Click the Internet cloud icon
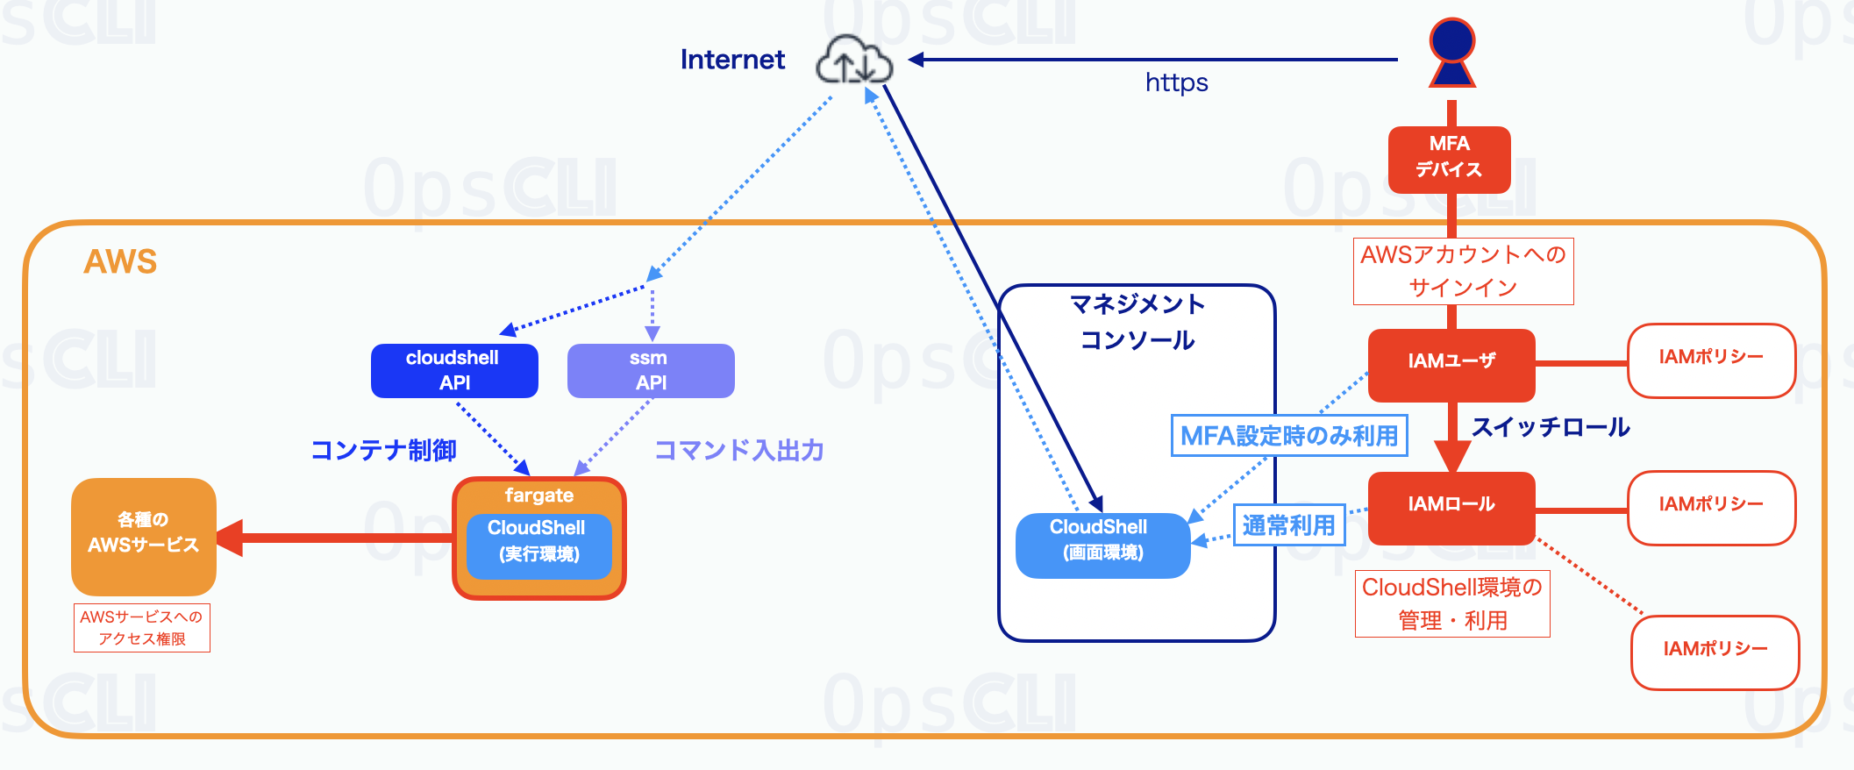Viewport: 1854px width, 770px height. click(854, 61)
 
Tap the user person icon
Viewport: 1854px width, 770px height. click(1452, 53)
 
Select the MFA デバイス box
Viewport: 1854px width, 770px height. click(1449, 158)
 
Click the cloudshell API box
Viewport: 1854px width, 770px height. click(454, 370)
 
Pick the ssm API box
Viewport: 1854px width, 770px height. click(651, 370)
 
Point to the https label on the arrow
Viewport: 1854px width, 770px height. click(1176, 83)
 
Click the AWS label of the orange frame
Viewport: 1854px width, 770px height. click(120, 261)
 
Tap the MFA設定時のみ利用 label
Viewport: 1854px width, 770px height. click(1289, 436)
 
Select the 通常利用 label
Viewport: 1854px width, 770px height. click(1289, 524)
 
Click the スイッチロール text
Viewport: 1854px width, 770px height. click(1550, 427)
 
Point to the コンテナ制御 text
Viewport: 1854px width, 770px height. click(384, 450)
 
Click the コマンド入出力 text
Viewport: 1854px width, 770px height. click(738, 450)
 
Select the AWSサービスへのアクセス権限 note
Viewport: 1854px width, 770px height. click(142, 628)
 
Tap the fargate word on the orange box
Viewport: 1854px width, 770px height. click(538, 496)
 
